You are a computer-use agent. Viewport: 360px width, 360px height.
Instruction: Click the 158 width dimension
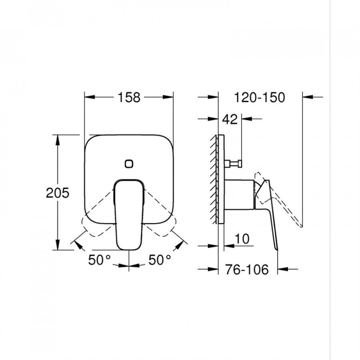[129, 97]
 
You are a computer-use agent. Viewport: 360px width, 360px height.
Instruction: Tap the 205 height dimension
[57, 193]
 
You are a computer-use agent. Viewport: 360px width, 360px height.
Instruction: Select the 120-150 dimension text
[260, 97]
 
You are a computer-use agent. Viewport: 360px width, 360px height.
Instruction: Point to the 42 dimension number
[230, 119]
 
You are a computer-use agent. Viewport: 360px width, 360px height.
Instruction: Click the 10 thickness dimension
[242, 239]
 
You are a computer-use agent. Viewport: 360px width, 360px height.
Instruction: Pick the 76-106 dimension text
[246, 269]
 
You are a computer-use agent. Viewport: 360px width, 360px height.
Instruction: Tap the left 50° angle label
[100, 260]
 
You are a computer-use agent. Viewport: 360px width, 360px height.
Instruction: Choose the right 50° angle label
[160, 260]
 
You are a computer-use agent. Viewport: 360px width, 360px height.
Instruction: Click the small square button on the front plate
[129, 164]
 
